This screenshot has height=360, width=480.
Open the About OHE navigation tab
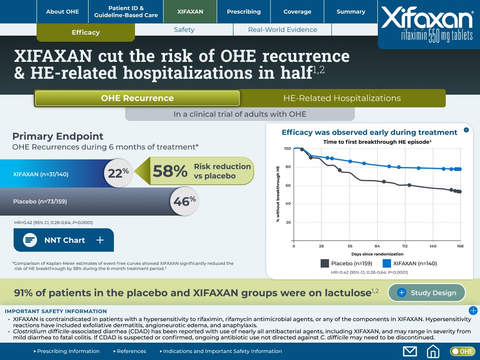click(x=62, y=12)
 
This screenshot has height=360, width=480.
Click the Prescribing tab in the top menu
click(x=244, y=12)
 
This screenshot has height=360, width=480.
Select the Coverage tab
click(x=297, y=12)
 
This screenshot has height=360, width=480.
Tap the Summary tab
click(x=351, y=12)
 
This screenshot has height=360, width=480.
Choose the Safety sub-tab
click(x=184, y=30)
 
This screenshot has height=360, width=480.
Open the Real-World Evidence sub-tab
click(x=282, y=30)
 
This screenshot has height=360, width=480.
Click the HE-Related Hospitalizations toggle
click(x=342, y=98)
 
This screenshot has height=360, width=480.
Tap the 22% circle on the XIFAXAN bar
click(x=118, y=173)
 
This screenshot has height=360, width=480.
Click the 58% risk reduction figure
click(x=170, y=171)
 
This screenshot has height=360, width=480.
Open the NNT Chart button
click(x=64, y=240)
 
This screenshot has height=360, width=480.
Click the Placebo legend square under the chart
click(x=325, y=263)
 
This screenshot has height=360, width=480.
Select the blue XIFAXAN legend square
click(x=387, y=263)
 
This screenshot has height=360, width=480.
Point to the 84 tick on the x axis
click(x=377, y=246)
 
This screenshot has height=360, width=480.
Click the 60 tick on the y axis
click(x=287, y=186)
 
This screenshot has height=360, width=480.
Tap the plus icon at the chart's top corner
click(x=466, y=130)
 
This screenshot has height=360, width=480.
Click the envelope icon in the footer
click(x=410, y=351)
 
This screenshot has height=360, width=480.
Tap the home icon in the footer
click(x=433, y=351)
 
